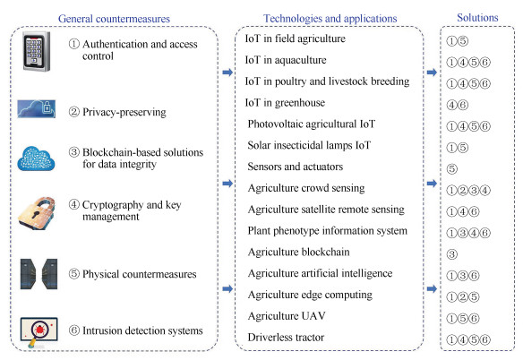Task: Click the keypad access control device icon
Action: (37, 51)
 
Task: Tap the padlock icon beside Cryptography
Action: (37, 213)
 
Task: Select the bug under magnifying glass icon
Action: (39, 332)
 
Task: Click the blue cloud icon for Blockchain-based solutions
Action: (36, 159)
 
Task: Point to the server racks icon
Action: (39, 274)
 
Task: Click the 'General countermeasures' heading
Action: (114, 19)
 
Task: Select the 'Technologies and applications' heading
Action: (330, 18)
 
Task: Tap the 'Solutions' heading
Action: (477, 17)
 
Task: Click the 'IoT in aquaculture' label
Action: (286, 60)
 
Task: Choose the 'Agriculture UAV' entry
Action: (287, 315)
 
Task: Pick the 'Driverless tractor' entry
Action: (286, 337)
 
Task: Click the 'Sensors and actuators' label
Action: (296, 167)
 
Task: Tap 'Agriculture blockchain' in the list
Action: (299, 252)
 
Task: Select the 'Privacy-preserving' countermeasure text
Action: (124, 112)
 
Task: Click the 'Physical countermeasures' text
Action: (140, 274)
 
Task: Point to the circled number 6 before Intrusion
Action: (74, 330)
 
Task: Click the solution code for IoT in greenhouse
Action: (458, 105)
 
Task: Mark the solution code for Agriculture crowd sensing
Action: (468, 190)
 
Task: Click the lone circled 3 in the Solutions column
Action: (452, 254)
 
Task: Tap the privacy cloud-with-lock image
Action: (37, 108)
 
